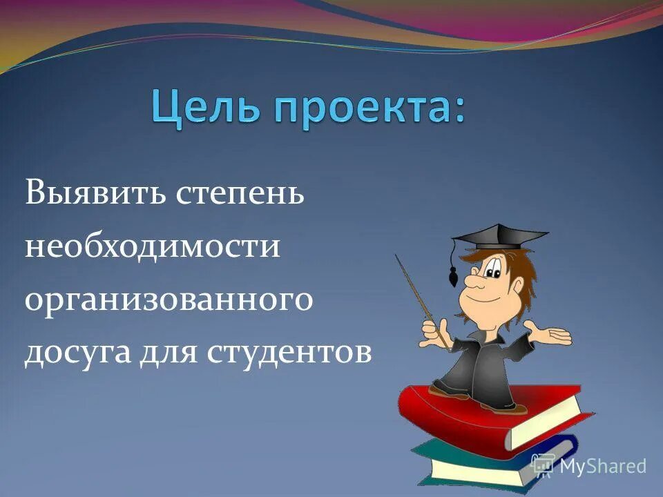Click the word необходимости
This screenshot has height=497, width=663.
point(153,246)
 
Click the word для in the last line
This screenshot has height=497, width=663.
point(164,354)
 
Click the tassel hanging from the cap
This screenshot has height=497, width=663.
point(454,276)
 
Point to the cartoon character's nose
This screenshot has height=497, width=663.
point(472,280)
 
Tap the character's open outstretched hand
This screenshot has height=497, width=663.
point(550,334)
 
